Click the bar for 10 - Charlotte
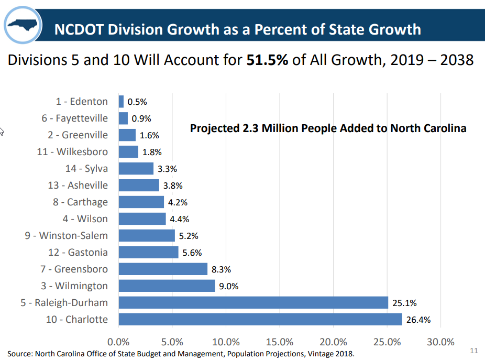(260, 319)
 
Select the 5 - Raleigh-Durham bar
(253, 302)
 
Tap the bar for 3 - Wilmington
(167, 286)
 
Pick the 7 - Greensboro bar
(163, 269)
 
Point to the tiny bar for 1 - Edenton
(121, 101)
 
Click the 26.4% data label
(418, 320)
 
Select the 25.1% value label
(404, 303)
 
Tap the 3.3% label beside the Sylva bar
(168, 169)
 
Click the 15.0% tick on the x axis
(280, 342)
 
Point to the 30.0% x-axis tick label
(440, 342)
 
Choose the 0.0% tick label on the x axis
(119, 342)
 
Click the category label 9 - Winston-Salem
(66, 235)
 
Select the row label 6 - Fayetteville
(75, 118)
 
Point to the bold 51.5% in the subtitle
(267, 60)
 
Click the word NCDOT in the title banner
(78, 29)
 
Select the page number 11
(475, 351)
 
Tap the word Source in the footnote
(19, 354)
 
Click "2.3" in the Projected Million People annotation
(250, 128)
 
